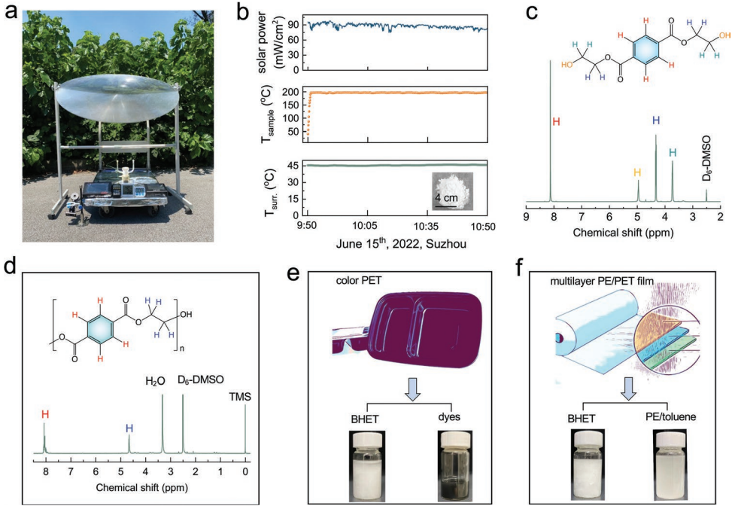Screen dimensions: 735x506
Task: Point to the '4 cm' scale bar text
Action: [446, 198]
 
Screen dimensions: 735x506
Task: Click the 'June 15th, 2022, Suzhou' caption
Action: [401, 244]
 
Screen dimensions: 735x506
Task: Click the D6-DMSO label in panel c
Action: [706, 159]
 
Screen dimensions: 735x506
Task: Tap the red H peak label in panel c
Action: [556, 122]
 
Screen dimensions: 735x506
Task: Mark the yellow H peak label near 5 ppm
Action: [637, 173]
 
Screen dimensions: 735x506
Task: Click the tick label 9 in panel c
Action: [527, 217]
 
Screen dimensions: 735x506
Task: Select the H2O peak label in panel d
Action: [155, 381]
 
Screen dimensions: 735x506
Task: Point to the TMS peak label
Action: [239, 397]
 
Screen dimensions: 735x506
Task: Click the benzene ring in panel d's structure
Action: [101, 330]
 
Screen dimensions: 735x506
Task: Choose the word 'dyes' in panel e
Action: [449, 416]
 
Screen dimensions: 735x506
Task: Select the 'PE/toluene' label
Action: [670, 416]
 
